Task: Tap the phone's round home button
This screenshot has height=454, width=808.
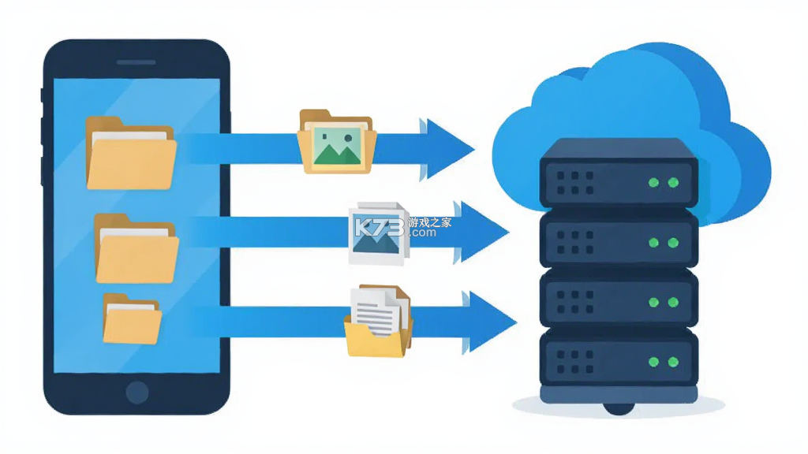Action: pos(137,393)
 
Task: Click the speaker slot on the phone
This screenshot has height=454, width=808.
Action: pos(136,62)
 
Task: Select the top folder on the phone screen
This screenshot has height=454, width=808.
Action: pos(131,153)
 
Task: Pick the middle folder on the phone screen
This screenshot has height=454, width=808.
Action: pos(137,248)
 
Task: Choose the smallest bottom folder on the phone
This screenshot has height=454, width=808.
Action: pos(132,318)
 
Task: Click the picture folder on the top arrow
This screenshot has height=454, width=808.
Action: pos(337,142)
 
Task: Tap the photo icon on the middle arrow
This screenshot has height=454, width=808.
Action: pos(379,233)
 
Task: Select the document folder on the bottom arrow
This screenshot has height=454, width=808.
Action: pos(379,321)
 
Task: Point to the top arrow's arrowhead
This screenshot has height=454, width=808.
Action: pos(447,149)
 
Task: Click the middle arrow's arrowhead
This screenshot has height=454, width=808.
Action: pos(482,233)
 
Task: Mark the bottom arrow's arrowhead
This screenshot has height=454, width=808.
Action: pos(489,322)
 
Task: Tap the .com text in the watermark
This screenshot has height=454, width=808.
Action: pos(423,233)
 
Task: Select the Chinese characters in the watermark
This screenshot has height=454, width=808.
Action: pos(430,222)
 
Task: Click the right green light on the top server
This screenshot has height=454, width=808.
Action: pos(673,182)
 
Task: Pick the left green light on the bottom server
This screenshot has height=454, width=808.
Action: pos(653,362)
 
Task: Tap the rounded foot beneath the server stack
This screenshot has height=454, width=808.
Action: pos(619,408)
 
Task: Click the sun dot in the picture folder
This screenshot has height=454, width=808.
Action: pos(348,138)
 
